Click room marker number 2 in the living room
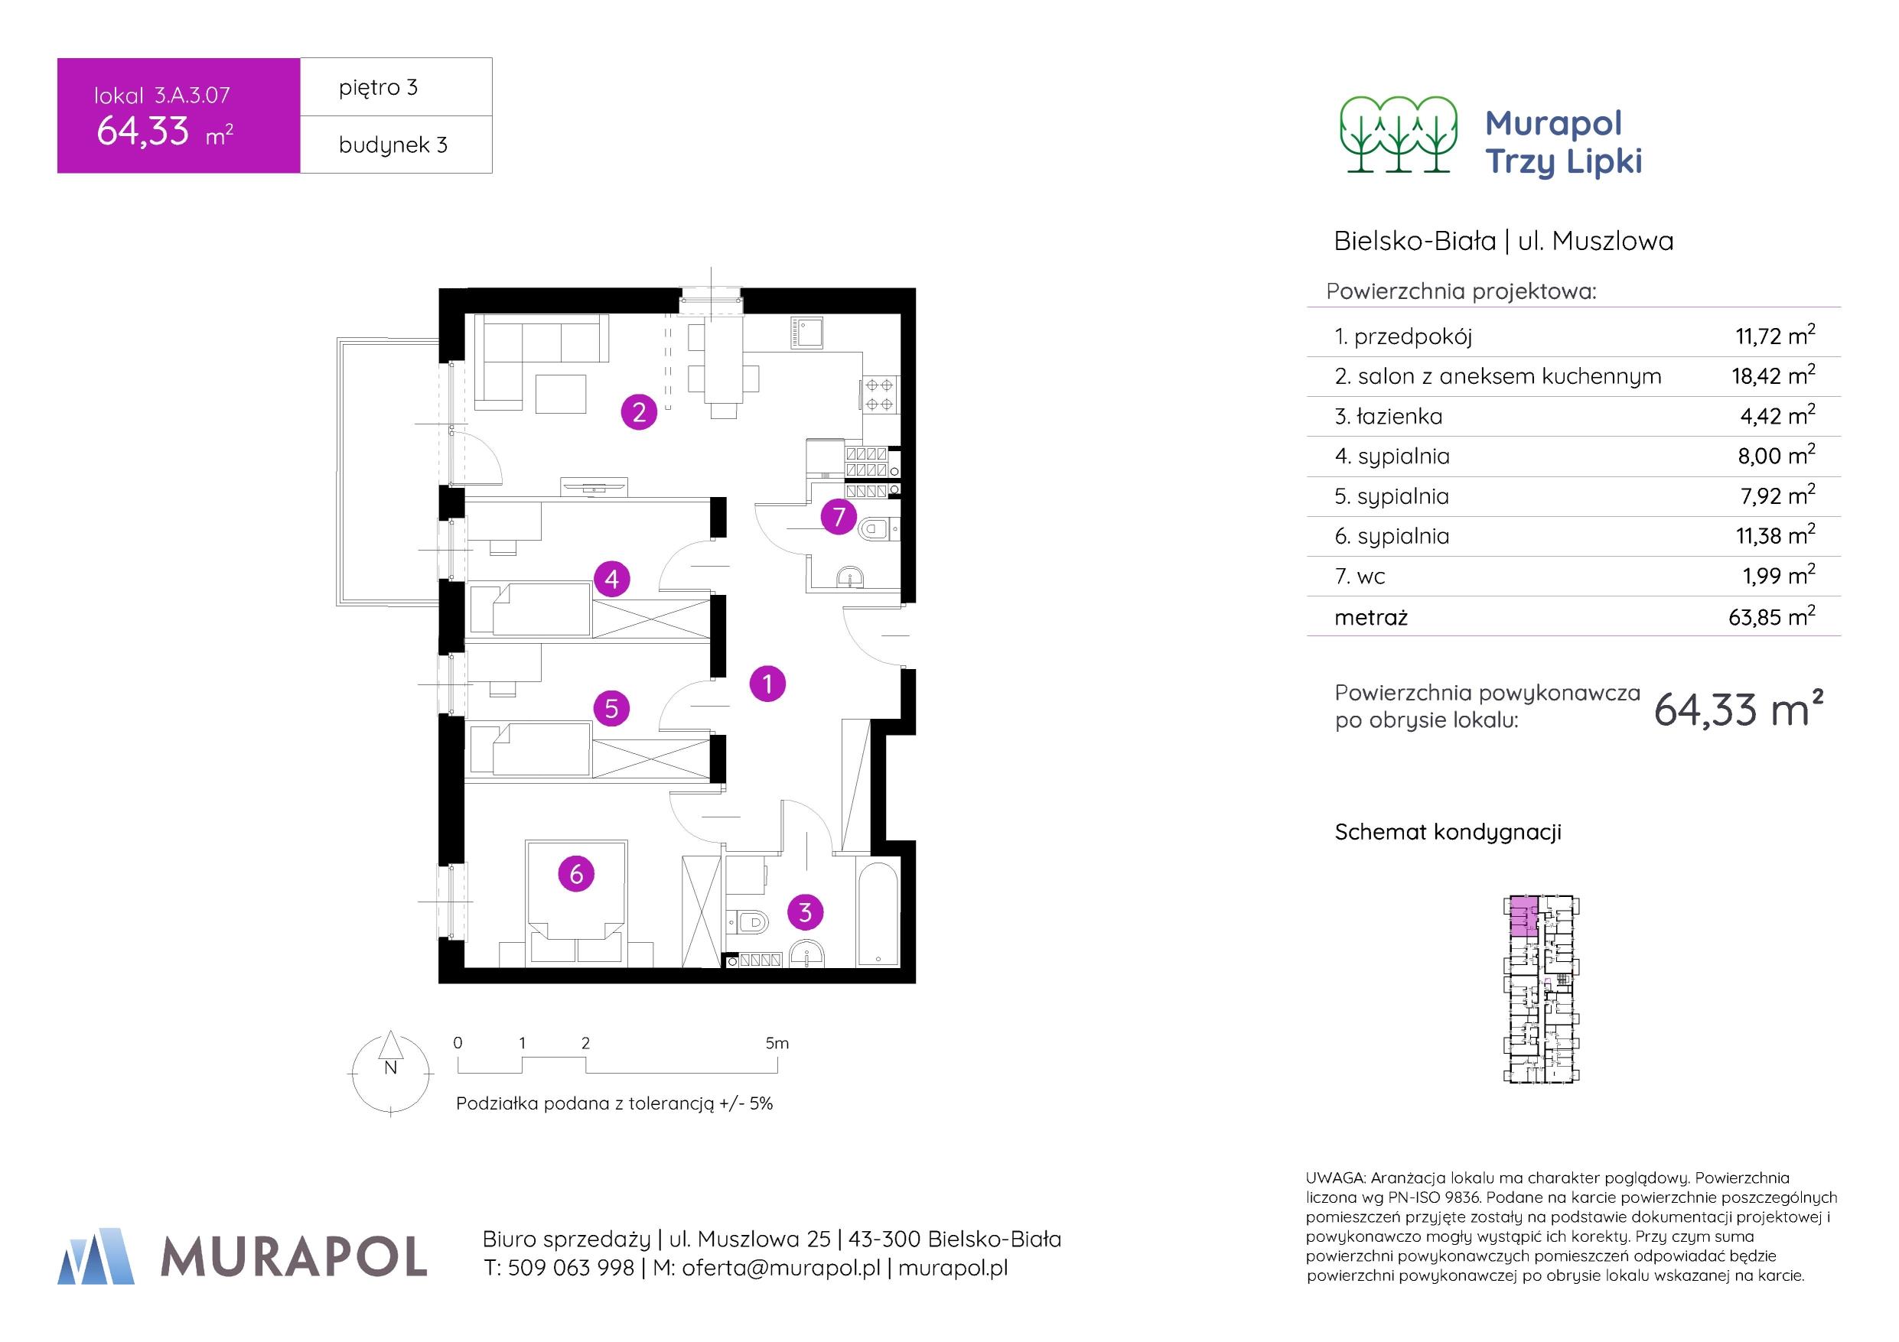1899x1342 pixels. (639, 412)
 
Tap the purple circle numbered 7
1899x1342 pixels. (839, 518)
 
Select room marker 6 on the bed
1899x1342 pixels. (576, 874)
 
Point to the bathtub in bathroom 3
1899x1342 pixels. (878, 914)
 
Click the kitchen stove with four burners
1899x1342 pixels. (878, 395)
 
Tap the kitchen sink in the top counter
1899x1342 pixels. (804, 333)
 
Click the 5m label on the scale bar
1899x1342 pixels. (777, 1044)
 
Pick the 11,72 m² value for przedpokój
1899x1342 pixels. (1774, 336)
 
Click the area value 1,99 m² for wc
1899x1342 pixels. (1777, 576)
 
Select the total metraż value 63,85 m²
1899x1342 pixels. (1770, 617)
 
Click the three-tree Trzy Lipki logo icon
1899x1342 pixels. (1399, 135)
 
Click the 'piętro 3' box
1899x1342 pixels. (396, 87)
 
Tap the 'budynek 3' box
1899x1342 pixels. (396, 145)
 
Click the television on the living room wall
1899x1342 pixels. (593, 486)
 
